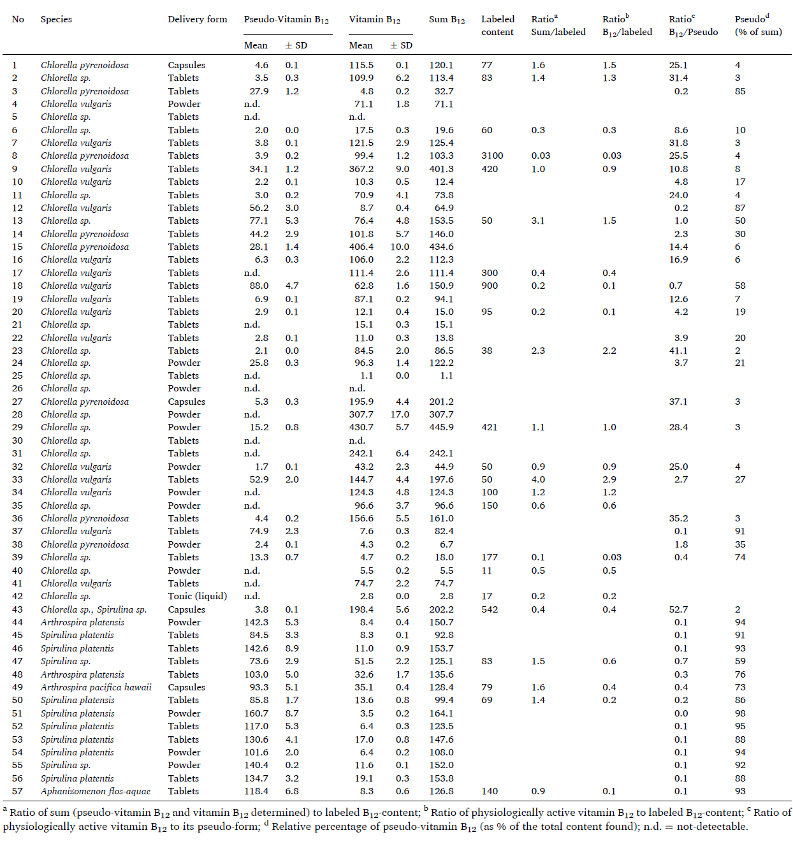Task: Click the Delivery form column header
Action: [197, 19]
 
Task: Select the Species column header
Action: [56, 19]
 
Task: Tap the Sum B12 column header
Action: [446, 20]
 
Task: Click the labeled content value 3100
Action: [492, 156]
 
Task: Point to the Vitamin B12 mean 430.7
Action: [361, 427]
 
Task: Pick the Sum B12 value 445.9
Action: [441, 427]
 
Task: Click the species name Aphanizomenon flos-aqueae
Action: [96, 791]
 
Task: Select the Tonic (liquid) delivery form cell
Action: [197, 596]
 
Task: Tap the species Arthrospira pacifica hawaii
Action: [96, 687]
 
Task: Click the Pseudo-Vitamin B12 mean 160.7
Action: [256, 713]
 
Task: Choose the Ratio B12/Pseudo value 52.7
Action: [678, 609]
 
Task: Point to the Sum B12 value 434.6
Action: [441, 247]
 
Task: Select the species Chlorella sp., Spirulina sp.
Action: [94, 609]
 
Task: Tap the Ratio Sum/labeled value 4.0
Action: [538, 479]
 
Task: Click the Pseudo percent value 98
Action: [739, 713]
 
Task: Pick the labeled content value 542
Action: [490, 609]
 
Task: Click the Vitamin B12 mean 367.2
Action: [361, 169]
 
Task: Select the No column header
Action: [18, 19]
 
